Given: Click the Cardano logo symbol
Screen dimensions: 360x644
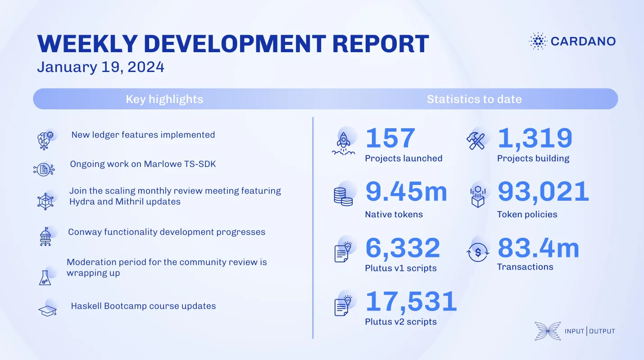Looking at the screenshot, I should (x=537, y=41).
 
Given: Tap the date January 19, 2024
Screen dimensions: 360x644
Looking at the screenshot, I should (x=100, y=67).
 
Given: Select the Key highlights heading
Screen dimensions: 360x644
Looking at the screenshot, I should (x=164, y=99).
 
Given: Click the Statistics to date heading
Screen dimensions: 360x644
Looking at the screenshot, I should (x=474, y=99).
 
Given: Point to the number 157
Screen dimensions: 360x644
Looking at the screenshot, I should (x=390, y=138).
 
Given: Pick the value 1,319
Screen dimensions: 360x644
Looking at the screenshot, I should (x=535, y=138).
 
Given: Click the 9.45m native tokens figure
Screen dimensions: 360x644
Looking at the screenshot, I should (x=406, y=192).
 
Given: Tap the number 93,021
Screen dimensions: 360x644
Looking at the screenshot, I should (x=543, y=192).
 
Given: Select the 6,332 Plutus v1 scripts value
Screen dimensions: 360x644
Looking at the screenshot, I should (x=403, y=248).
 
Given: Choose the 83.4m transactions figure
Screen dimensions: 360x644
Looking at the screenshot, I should (x=538, y=248).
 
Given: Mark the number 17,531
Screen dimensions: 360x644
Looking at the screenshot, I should (x=411, y=301).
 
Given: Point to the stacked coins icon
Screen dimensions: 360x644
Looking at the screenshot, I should (x=343, y=196).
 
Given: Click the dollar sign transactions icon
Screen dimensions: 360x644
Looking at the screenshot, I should (x=477, y=252).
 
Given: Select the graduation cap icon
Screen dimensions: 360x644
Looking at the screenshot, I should (x=47, y=310).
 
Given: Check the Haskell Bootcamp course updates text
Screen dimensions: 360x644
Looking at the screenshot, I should (x=143, y=306).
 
